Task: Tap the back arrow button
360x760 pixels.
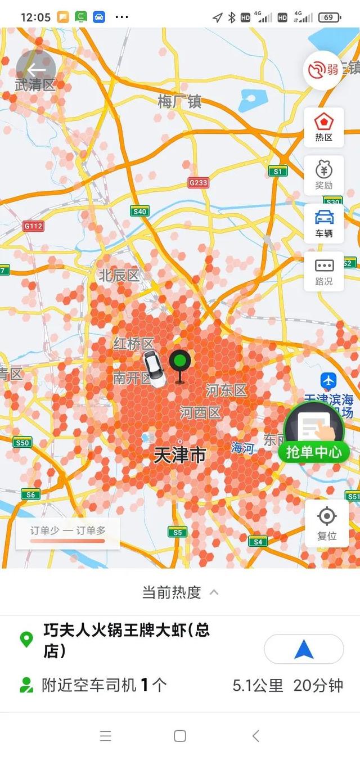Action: tap(36, 70)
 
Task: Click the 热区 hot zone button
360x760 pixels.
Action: tap(324, 127)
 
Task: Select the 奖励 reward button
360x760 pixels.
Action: tap(324, 175)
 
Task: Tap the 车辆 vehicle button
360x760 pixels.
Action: tap(324, 223)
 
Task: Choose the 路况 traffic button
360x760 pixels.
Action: tap(324, 272)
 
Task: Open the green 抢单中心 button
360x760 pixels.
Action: tap(313, 434)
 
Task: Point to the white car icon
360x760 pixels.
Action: tap(154, 368)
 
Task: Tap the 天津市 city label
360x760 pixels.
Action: tap(180, 455)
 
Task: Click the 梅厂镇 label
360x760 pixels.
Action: tap(179, 102)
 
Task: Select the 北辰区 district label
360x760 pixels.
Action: tap(119, 276)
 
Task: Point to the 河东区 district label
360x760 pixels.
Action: tap(226, 390)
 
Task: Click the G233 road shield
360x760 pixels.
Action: tap(198, 183)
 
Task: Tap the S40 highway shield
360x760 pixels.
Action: tap(139, 212)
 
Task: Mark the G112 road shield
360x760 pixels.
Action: tap(33, 226)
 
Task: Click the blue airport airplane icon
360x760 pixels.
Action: tap(328, 380)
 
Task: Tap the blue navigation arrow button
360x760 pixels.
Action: tap(304, 650)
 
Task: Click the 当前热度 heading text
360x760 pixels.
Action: tap(172, 592)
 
